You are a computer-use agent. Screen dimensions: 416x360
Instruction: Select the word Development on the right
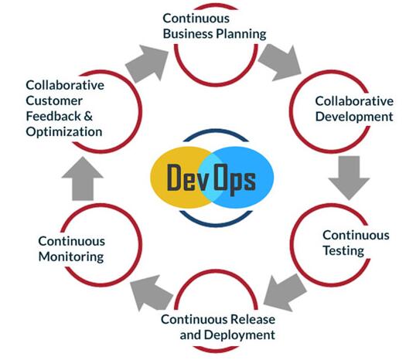pos(354,117)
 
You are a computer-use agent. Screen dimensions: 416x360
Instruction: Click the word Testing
pos(343,251)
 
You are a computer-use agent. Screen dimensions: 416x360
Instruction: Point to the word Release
pos(253,319)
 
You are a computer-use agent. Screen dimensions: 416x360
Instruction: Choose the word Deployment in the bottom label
pos(240,335)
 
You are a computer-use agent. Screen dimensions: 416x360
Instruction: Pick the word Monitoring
pos(71,257)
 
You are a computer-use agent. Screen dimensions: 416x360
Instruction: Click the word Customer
pos(54,100)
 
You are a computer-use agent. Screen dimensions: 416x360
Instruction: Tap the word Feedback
pos(53,116)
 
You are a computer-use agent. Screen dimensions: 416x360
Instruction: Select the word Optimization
pos(64,132)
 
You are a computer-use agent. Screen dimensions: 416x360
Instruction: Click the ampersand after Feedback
pos(88,117)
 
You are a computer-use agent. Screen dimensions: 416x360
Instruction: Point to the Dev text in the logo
pos(187,177)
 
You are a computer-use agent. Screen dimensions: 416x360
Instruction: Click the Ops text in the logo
pos(235,178)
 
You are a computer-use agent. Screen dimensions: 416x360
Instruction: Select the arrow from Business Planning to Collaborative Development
pos(280,63)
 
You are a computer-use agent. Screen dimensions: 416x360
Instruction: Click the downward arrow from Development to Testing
pos(349,178)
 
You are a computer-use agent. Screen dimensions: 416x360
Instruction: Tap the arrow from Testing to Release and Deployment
pos(285,294)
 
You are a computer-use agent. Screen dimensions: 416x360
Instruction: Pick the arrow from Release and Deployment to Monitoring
pos(152,293)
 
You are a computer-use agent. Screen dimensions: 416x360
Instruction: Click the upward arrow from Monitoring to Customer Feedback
pos(83,178)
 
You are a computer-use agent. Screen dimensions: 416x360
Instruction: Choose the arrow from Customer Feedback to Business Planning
pos(147,64)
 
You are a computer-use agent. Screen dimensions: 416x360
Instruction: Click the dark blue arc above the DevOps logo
pos(216,130)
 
